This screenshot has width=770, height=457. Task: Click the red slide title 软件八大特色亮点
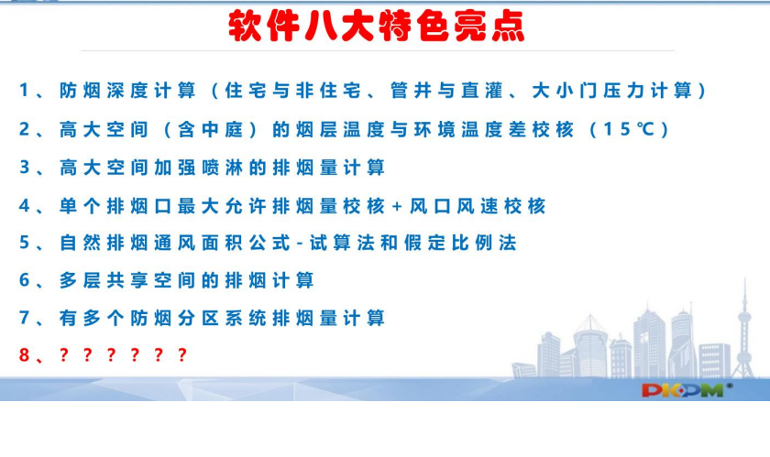[377, 26]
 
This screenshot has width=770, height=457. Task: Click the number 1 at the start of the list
[24, 91]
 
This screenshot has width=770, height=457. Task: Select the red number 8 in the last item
[24, 354]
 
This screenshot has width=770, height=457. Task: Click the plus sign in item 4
[397, 206]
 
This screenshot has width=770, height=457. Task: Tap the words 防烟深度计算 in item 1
[127, 91]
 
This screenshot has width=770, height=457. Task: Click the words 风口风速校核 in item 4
[478, 206]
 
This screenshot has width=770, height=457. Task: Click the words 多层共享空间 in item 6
[127, 280]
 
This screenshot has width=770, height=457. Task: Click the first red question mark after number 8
[64, 354]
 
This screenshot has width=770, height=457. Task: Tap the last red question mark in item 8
[181, 354]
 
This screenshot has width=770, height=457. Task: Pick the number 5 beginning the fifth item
[24, 243]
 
